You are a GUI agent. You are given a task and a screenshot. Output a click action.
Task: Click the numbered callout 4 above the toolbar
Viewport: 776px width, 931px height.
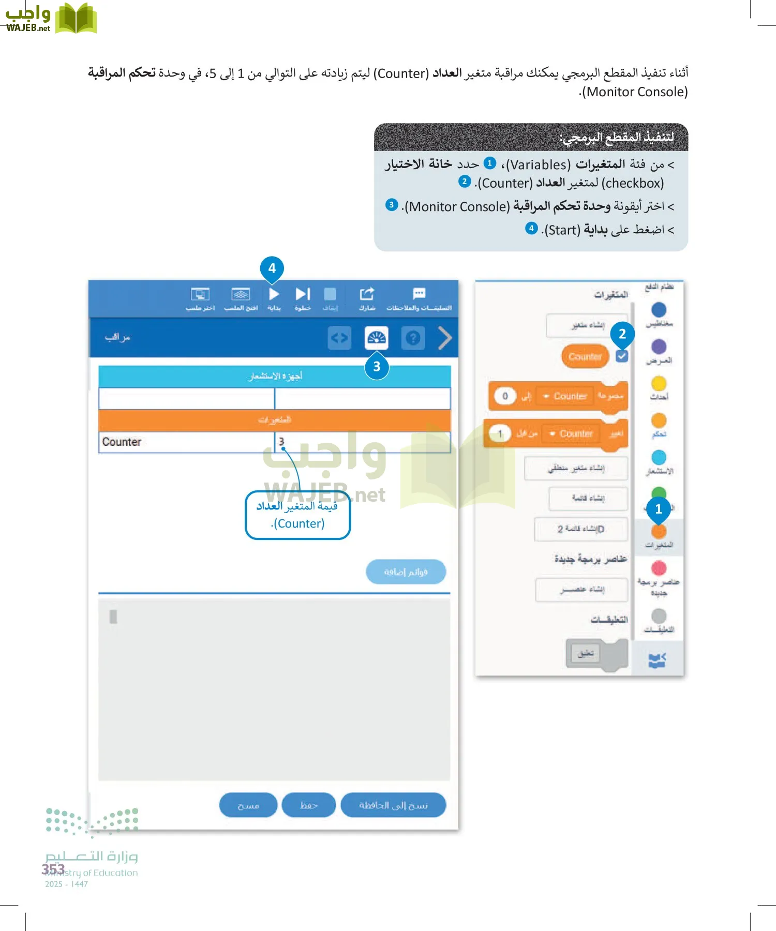[272, 268]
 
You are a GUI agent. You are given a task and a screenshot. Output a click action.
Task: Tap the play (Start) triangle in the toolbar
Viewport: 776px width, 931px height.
[274, 294]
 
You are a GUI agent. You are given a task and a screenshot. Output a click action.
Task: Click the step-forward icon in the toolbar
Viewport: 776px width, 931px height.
[303, 294]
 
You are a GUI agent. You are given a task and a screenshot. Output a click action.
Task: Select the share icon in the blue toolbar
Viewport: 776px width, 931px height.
[367, 294]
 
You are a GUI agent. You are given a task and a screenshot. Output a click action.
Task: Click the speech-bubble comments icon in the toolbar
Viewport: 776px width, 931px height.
[419, 294]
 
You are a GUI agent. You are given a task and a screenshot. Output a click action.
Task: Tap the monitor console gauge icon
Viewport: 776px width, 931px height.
[376, 338]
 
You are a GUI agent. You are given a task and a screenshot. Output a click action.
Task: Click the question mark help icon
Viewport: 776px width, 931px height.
[413, 338]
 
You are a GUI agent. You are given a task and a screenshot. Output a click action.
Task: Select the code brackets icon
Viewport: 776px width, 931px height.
[339, 338]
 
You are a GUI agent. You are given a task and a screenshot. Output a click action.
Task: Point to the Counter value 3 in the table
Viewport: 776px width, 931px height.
[281, 442]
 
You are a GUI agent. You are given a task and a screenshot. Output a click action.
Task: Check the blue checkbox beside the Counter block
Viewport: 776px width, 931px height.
[622, 356]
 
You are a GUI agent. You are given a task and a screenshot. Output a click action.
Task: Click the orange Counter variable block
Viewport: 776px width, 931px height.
[585, 356]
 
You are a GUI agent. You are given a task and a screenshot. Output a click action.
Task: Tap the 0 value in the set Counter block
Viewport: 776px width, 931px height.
[505, 396]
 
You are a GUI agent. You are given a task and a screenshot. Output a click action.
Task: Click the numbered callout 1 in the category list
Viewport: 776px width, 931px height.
[658, 509]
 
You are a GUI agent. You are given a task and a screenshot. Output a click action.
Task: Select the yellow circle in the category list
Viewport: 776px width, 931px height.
[659, 383]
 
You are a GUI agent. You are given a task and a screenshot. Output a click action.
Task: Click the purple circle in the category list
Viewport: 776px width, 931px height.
[659, 347]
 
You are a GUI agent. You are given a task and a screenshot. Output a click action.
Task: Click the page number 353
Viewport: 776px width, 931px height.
[53, 869]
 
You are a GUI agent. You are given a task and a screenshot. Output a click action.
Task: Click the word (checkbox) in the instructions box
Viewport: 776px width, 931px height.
[632, 183]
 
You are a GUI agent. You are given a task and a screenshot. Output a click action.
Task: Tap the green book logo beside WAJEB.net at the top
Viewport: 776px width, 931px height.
[76, 19]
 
